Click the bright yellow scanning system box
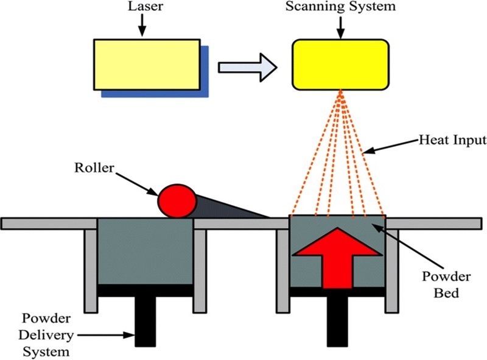pyautogui.click(x=341, y=64)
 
